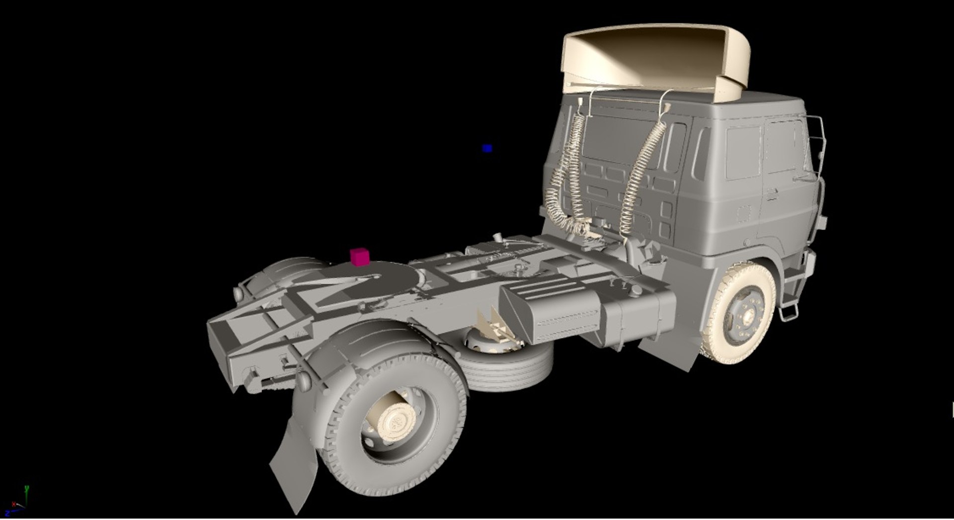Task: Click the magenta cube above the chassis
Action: pos(359,257)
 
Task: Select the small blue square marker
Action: pos(487,148)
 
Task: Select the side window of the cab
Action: pos(743,152)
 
